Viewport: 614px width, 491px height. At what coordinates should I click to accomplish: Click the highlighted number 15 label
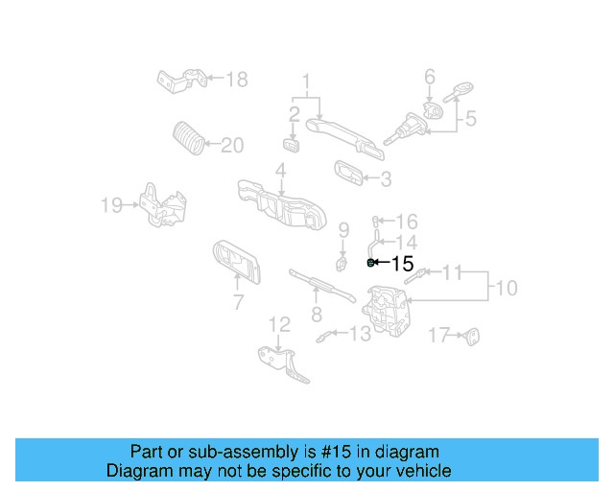pos(403,263)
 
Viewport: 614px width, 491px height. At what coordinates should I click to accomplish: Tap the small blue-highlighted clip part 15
pos(371,262)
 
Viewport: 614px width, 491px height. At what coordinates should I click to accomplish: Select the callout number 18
pos(236,79)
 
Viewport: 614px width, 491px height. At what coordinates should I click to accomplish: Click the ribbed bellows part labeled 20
pos(188,138)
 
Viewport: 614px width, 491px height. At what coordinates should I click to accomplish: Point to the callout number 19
pos(111,203)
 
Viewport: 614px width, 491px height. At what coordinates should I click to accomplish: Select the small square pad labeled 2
pos(292,145)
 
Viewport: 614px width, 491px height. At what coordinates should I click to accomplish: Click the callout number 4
pos(280,172)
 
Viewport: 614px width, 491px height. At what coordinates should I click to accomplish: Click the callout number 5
pos(471,119)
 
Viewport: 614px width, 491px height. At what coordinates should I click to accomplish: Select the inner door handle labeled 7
pos(235,262)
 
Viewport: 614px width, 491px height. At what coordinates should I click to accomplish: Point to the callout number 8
pos(316,314)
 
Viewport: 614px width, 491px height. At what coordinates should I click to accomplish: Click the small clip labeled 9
pos(341,259)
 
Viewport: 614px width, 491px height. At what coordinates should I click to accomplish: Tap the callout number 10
pos(506,288)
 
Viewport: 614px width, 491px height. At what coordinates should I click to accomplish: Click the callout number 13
pos(359,334)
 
